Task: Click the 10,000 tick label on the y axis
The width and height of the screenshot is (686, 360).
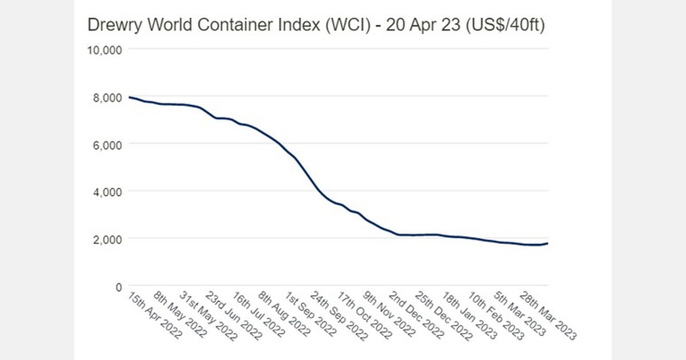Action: pyautogui.click(x=104, y=50)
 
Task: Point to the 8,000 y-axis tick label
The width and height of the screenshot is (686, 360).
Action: pyautogui.click(x=106, y=97)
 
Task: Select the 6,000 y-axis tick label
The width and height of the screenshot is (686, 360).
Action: pyautogui.click(x=106, y=145)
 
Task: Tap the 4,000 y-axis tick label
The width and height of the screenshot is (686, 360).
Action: pyautogui.click(x=106, y=191)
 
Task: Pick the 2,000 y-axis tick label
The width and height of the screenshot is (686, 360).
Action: pyautogui.click(x=106, y=239)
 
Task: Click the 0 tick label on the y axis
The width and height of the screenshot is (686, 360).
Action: pyautogui.click(x=118, y=286)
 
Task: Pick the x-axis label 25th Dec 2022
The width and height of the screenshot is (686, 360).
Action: pyautogui.click(x=443, y=315)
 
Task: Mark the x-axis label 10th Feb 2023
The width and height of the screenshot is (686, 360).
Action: pyautogui.click(x=495, y=315)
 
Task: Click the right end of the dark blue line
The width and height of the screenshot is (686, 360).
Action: pyautogui.click(x=548, y=243)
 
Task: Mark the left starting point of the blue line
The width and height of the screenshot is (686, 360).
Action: pyautogui.click(x=129, y=97)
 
